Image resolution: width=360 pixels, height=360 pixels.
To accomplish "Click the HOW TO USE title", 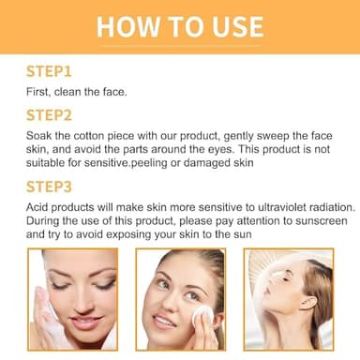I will point(179,24).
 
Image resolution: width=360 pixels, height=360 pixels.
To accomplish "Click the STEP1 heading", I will point(49,72).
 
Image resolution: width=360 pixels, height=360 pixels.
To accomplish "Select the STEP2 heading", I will point(50,116).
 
